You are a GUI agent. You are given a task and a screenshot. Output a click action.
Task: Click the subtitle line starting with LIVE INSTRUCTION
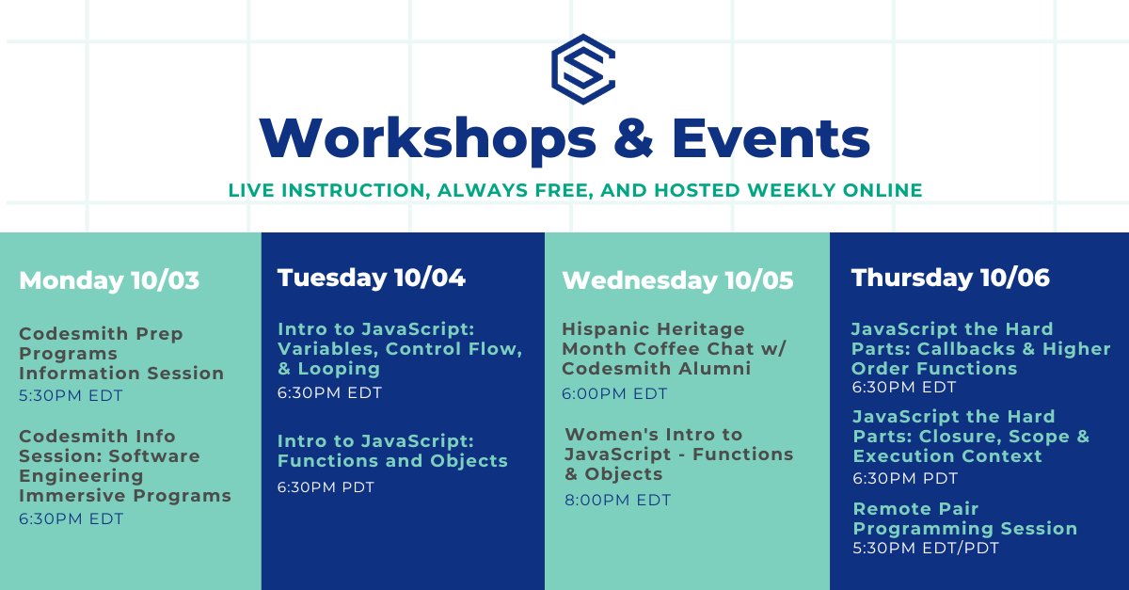click(x=575, y=190)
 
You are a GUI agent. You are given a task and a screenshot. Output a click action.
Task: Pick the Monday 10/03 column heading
click(x=109, y=280)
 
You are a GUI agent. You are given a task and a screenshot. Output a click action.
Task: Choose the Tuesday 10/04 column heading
click(x=372, y=278)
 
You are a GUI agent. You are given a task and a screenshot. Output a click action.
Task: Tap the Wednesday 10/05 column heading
click(x=677, y=280)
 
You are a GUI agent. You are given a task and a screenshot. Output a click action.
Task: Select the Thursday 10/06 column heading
click(x=950, y=278)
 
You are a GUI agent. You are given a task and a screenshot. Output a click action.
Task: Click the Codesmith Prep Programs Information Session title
click(x=121, y=354)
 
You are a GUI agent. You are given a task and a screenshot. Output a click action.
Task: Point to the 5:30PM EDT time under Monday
click(x=72, y=396)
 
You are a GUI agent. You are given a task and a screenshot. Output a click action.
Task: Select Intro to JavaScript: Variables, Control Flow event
click(x=400, y=348)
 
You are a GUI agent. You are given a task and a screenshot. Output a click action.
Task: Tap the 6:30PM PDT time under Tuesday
click(x=326, y=487)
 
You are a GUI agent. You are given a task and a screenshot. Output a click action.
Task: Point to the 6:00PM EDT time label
click(x=614, y=394)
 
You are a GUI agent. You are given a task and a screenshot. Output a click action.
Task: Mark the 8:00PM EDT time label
click(x=618, y=501)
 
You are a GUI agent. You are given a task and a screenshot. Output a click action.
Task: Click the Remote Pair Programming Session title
click(x=964, y=518)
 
